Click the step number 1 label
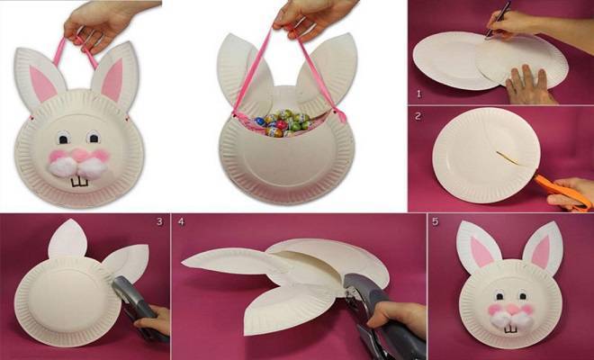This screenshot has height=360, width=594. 418,94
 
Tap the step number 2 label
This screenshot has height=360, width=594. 418,116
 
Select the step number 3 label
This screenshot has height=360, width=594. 159,221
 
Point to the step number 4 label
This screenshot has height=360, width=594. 181,221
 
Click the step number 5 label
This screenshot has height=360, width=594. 436,221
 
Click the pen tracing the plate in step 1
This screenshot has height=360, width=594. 498,20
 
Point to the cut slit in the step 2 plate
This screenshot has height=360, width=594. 508,158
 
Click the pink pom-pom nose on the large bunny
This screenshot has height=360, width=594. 80,155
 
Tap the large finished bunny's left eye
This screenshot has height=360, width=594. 63,137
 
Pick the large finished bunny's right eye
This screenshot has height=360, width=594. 94,137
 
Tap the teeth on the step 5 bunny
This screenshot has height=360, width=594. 510,328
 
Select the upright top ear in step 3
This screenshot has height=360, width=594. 68,238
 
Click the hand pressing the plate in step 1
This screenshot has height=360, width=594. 528,85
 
